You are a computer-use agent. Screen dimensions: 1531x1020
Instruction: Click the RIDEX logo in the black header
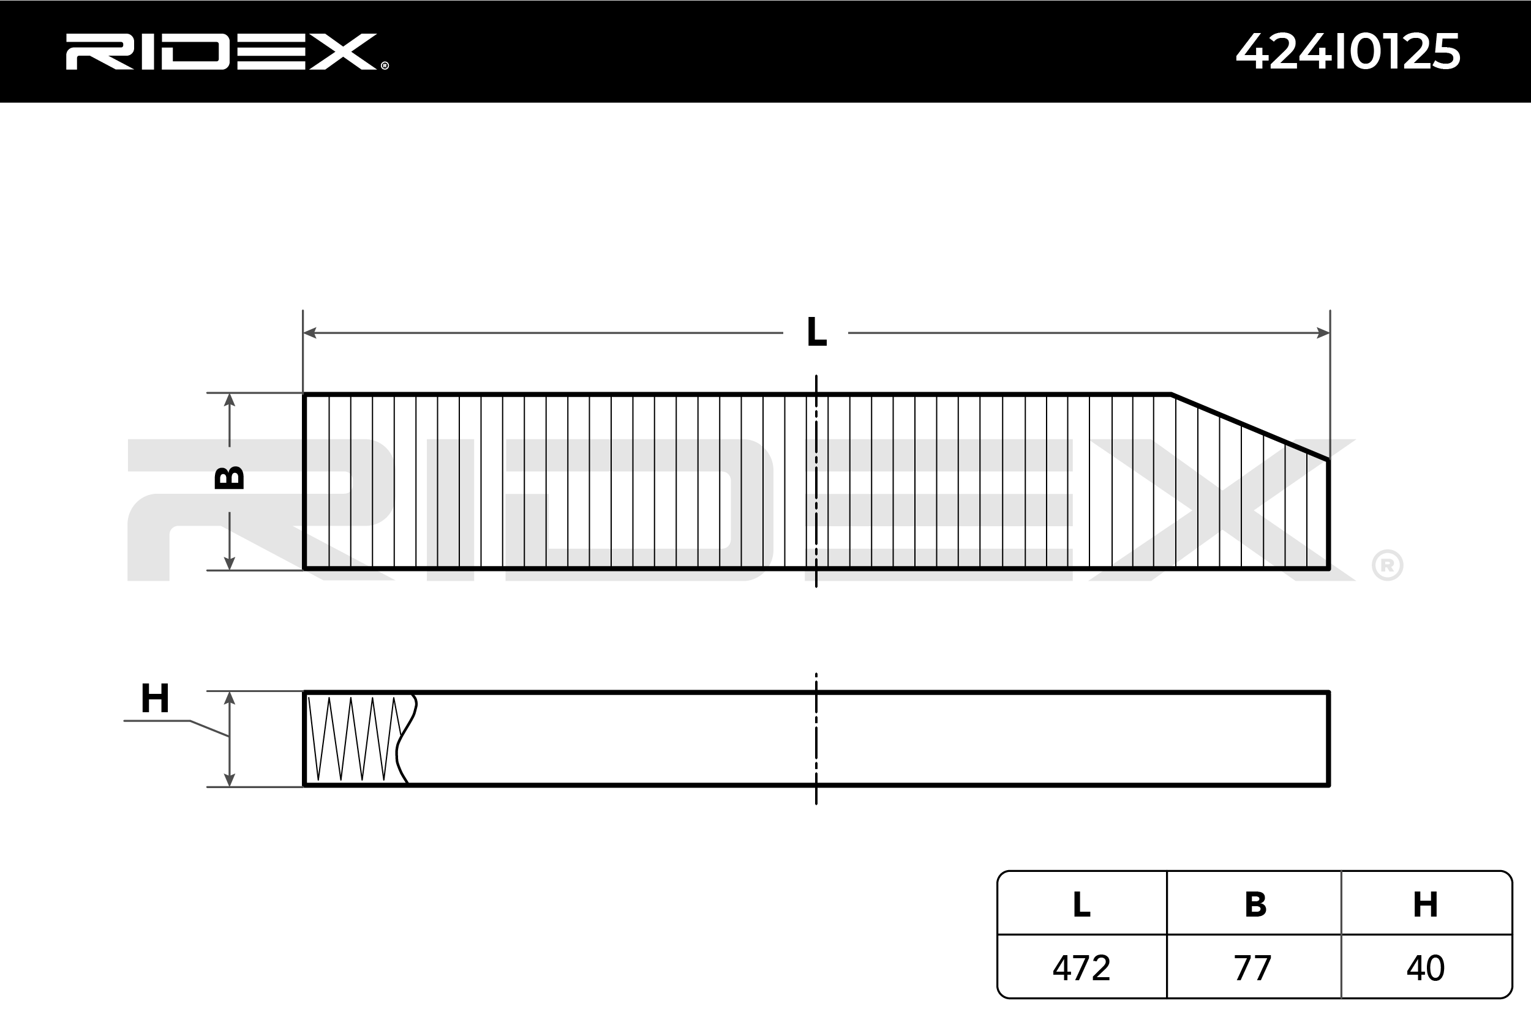coord(227,51)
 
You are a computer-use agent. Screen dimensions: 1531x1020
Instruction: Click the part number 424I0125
coord(1348,51)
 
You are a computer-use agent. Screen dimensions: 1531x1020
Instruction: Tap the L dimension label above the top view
coord(816,332)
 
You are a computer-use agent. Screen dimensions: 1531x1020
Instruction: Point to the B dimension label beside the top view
coord(229,478)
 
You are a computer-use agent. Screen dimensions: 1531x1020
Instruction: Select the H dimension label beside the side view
coord(155,699)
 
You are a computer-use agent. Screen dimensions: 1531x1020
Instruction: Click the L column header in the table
coord(1081,904)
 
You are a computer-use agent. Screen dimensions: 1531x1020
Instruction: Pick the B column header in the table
coord(1255,904)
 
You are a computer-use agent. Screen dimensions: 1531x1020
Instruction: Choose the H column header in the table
coord(1425,904)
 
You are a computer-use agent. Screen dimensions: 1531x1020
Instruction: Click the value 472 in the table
coord(1081,968)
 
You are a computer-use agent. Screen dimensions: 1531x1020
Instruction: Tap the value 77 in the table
coord(1252,968)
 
